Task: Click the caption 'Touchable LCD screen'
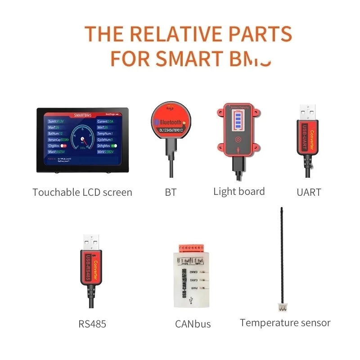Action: click(82, 193)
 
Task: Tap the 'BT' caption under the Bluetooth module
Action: click(171, 193)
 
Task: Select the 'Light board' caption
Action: click(239, 192)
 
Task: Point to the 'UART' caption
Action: click(309, 193)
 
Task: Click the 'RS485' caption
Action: click(92, 324)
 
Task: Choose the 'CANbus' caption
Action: click(193, 324)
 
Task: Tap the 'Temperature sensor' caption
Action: click(285, 323)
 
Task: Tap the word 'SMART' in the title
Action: click(189, 58)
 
